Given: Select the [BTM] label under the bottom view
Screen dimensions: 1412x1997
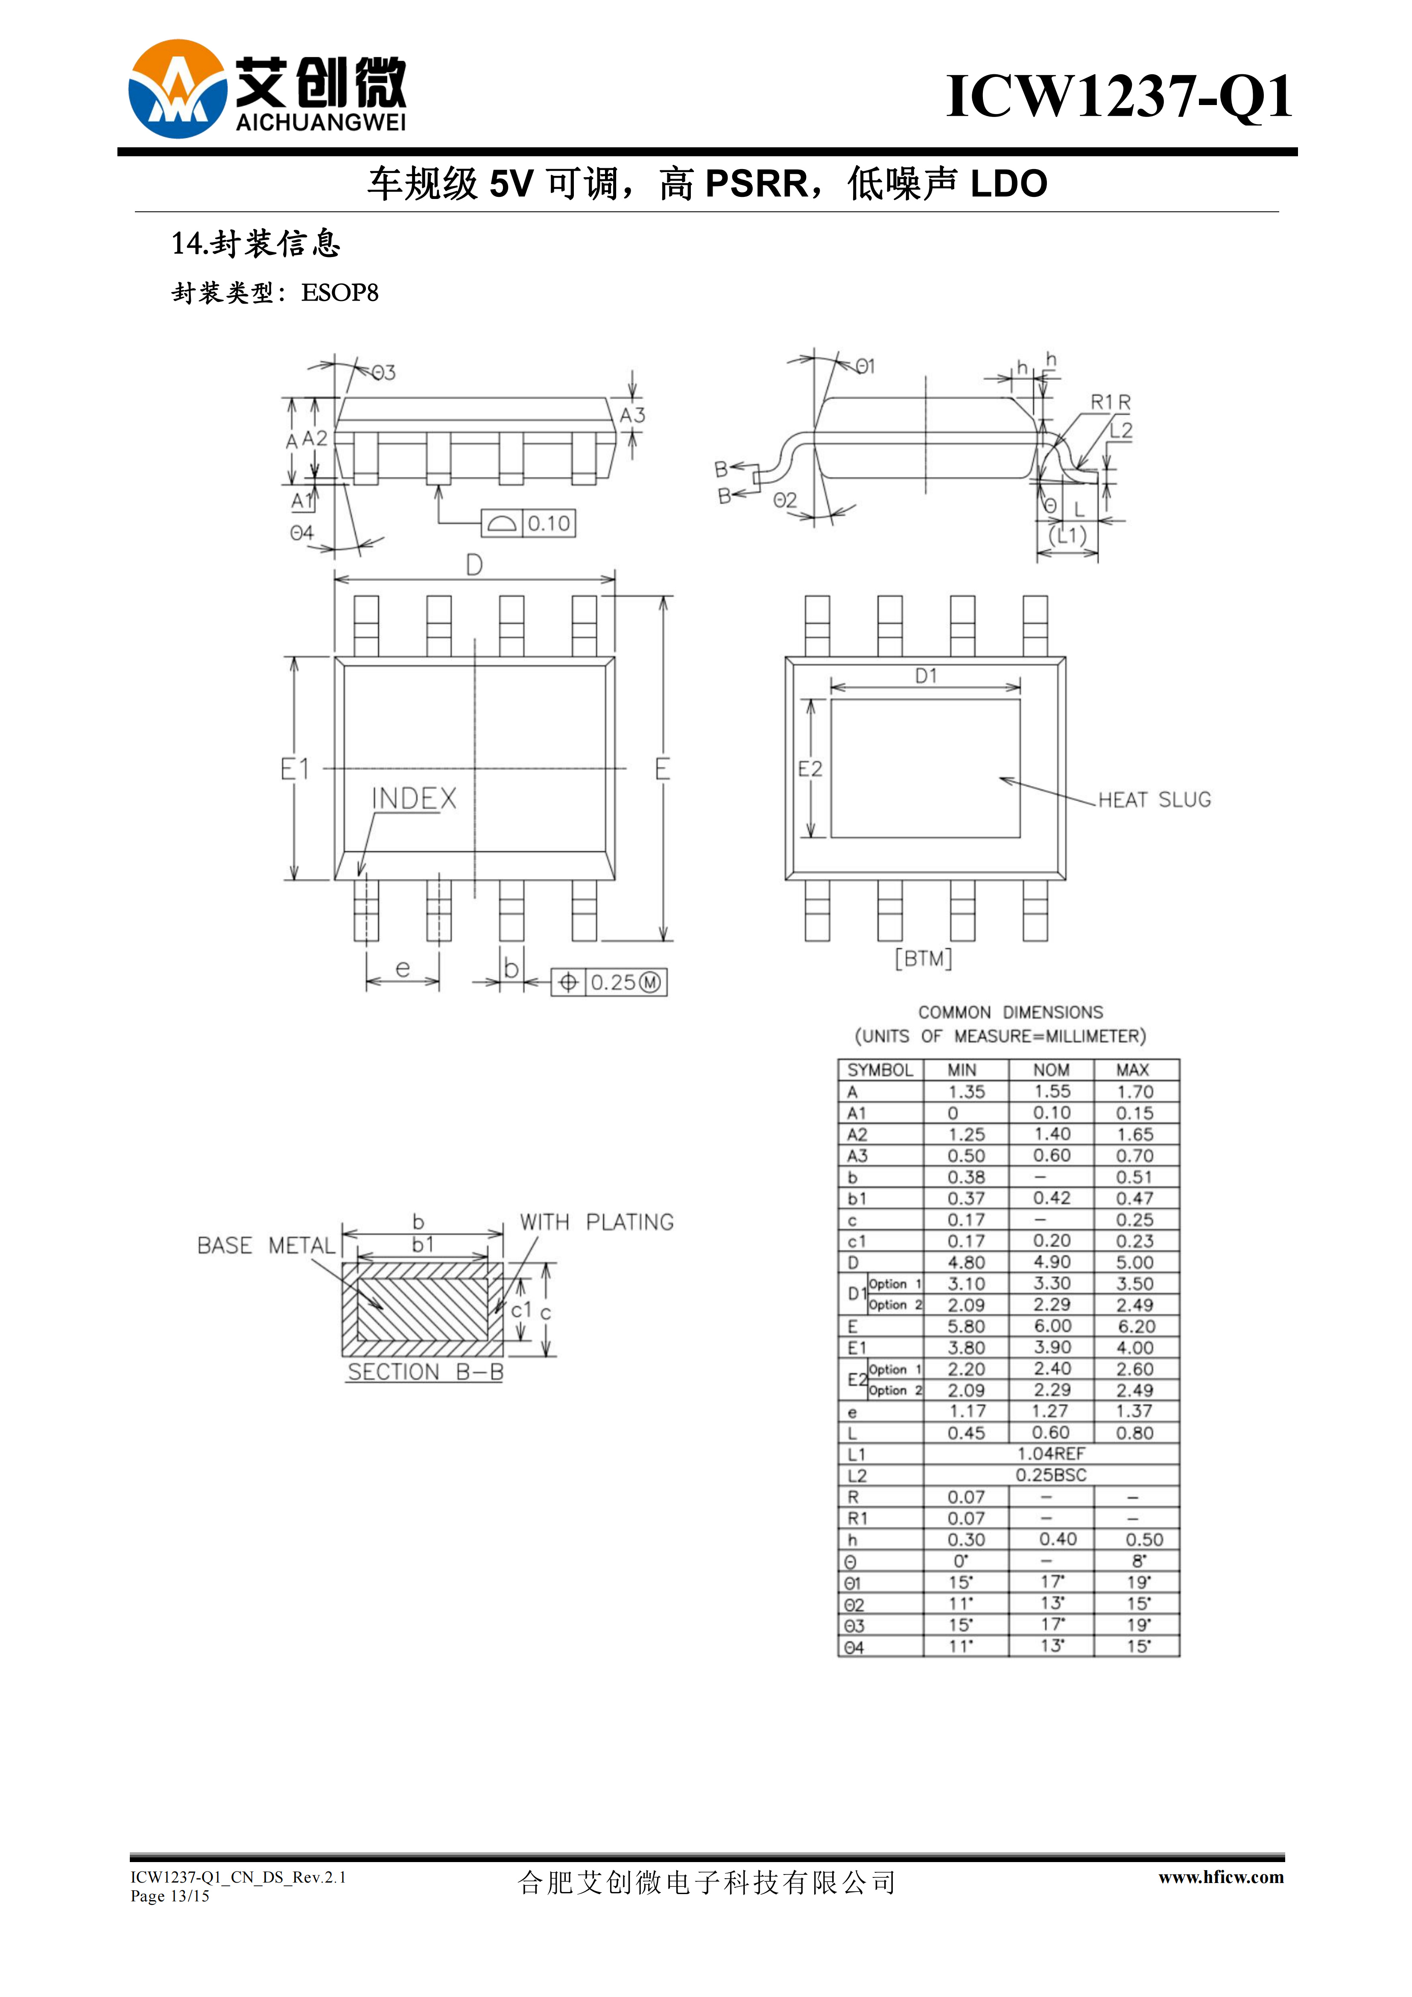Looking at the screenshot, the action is (x=924, y=959).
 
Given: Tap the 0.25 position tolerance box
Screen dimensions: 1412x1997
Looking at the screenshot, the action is (x=609, y=983).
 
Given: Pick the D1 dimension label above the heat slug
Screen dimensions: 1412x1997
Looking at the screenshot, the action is (x=926, y=676).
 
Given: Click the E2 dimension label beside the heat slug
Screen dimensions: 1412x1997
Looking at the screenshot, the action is (x=810, y=769).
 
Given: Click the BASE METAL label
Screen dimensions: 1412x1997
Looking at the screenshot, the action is (x=266, y=1246).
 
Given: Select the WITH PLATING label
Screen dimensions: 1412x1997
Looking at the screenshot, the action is (x=597, y=1222).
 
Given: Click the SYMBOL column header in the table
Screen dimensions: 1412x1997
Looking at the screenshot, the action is (x=880, y=1070).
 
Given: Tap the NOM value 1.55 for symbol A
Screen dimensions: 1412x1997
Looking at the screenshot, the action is (x=1052, y=1091).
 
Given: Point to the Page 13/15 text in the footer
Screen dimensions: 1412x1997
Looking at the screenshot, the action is (x=170, y=1896).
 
